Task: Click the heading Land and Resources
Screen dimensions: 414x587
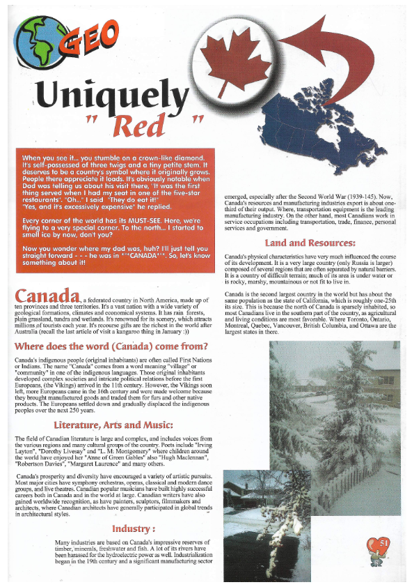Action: [310, 243]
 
